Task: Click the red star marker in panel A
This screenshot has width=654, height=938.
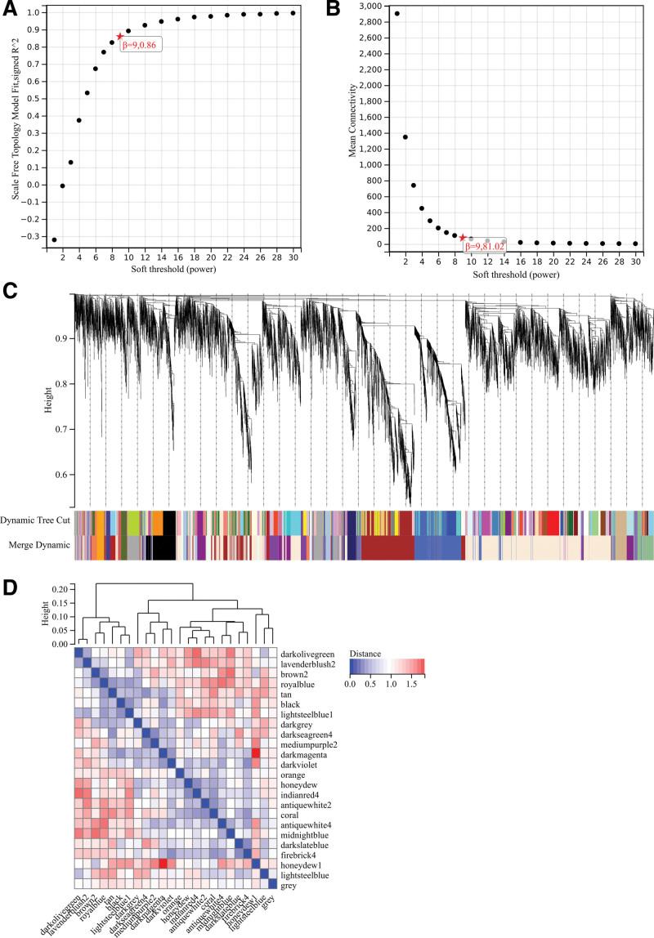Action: coord(120,36)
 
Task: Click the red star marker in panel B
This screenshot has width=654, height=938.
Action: coord(463,238)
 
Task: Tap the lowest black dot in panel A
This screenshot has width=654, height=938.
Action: coord(54,239)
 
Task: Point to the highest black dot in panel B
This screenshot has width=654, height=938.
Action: coord(397,13)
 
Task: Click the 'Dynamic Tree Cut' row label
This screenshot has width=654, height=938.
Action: coord(35,519)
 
